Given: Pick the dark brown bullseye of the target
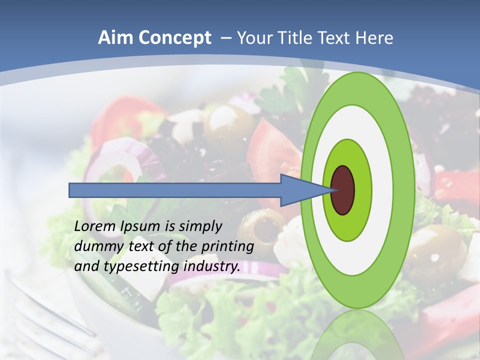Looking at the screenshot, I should (x=343, y=190).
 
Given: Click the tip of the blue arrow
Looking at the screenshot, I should (x=333, y=190).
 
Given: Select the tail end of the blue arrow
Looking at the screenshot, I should (x=70, y=190).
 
